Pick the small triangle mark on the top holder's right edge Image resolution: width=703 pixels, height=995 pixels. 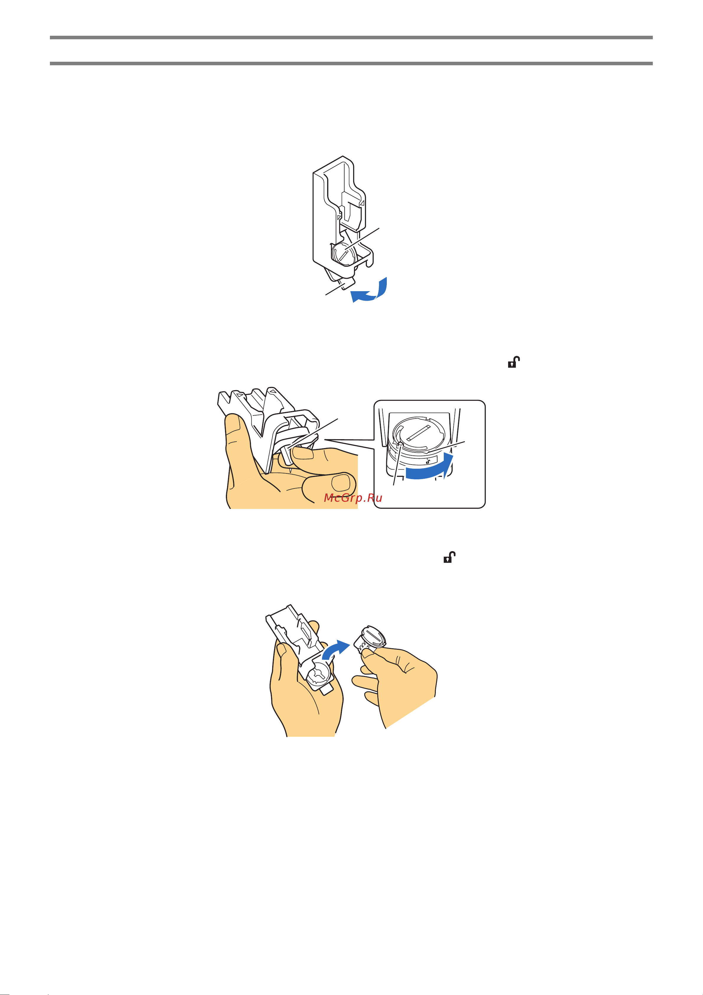click(x=363, y=202)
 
